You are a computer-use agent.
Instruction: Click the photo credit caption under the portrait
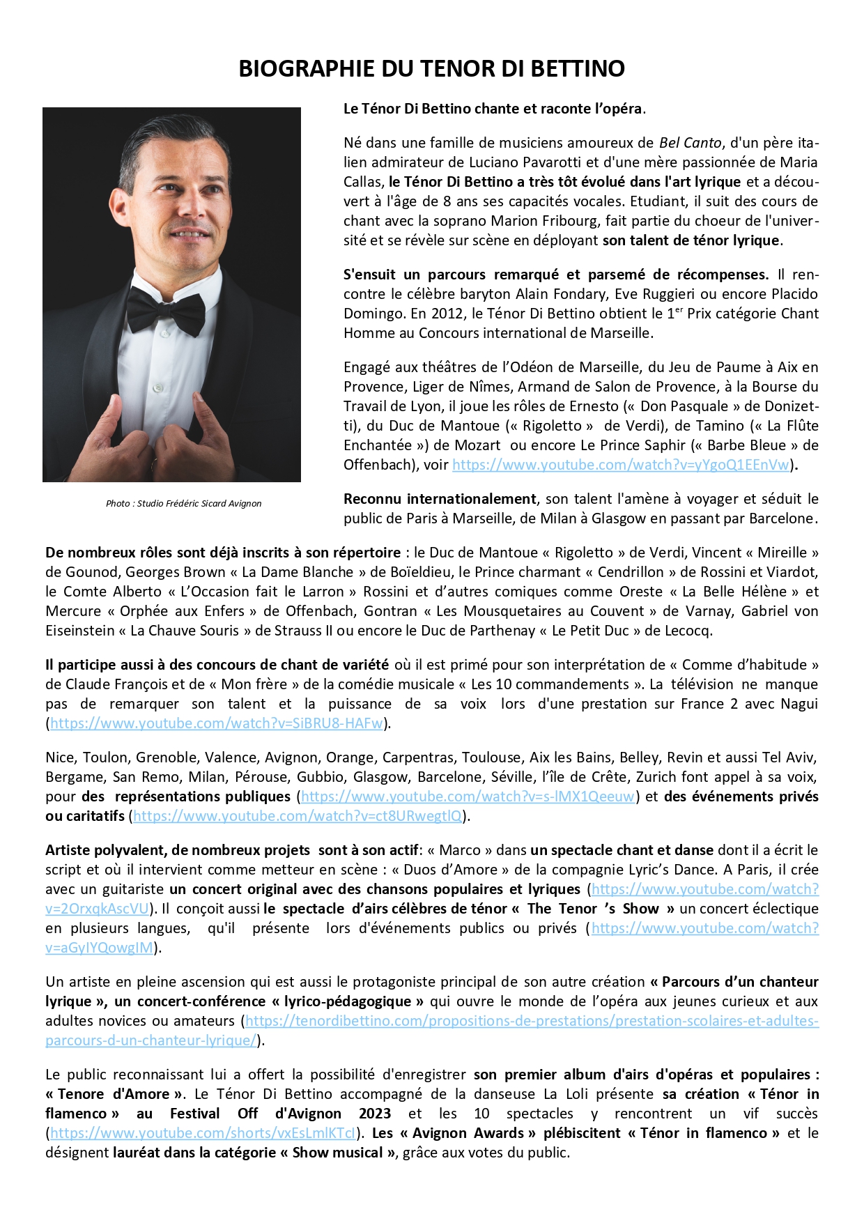coord(184,503)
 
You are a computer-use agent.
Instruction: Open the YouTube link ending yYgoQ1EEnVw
coord(621,465)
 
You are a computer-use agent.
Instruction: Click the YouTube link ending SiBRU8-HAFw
coord(216,723)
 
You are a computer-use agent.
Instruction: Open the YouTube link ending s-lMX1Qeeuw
coord(468,797)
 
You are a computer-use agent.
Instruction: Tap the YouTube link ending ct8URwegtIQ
coord(298,816)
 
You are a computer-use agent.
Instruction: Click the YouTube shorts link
coord(203,1133)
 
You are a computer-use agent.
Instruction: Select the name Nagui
coord(799,704)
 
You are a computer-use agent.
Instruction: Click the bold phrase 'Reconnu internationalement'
coord(440,499)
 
